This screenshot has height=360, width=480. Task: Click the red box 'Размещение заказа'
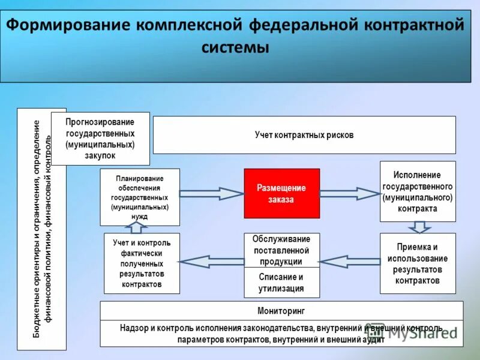pyautogui.click(x=281, y=193)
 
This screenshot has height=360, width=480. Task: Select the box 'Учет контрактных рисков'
pyautogui.click(x=304, y=135)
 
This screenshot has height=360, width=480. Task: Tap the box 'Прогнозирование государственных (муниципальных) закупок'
pyautogui.click(x=100, y=139)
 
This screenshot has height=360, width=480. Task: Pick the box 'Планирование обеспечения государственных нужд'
pyautogui.click(x=140, y=197)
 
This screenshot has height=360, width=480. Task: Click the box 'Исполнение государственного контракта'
pyautogui.click(x=418, y=191)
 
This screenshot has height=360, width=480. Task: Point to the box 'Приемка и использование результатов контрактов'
pyautogui.click(x=418, y=263)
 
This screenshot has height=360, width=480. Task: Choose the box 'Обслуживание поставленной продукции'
pyautogui.click(x=281, y=250)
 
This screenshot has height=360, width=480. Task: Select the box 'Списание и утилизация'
pyautogui.click(x=281, y=283)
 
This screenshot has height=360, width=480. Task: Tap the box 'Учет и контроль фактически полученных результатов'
pyautogui.click(x=142, y=263)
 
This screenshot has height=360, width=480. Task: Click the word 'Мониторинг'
pyautogui.click(x=281, y=311)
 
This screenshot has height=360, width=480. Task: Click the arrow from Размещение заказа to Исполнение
pyautogui.click(x=350, y=193)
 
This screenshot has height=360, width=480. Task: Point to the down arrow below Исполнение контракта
pyautogui.click(x=419, y=227)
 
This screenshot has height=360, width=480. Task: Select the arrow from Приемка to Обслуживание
pyautogui.click(x=350, y=261)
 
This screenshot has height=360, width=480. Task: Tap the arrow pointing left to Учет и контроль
pyautogui.click(x=211, y=260)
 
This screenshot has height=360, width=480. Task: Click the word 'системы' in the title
pyautogui.click(x=234, y=47)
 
